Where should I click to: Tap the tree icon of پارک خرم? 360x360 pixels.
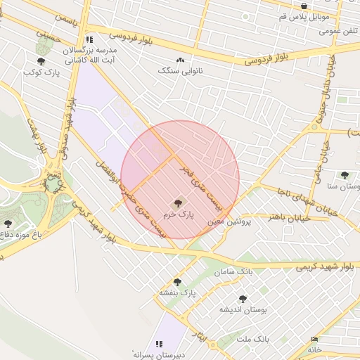point(177,202)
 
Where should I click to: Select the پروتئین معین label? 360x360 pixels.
point(225,221)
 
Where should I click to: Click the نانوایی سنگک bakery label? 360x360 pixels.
point(176,71)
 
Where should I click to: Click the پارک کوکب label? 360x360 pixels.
point(39,72)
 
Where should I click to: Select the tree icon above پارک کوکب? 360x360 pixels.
point(41,62)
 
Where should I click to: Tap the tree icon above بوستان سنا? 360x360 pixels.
point(344,175)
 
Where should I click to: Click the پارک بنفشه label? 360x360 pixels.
point(176,292)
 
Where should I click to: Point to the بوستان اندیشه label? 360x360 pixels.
point(240,309)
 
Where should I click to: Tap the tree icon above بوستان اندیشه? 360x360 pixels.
point(243,299)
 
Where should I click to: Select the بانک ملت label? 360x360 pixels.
point(253,339)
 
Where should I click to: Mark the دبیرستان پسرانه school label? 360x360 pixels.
point(160,354)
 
